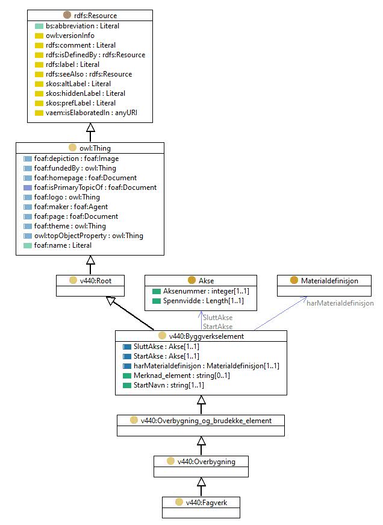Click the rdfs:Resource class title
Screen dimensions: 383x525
(x=95, y=16)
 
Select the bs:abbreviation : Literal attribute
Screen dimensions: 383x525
(x=83, y=26)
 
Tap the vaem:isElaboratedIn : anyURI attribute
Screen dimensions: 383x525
(x=92, y=113)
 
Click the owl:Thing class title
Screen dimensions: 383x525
(x=95, y=148)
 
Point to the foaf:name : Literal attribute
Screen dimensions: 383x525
(x=63, y=245)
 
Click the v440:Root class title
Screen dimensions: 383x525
(x=96, y=280)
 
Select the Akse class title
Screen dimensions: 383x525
(x=206, y=280)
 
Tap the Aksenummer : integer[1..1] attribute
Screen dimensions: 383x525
(x=206, y=291)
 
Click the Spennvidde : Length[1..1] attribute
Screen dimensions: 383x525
(x=204, y=301)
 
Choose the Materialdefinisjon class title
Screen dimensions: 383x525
(x=329, y=280)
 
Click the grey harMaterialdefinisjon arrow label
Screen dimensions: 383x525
(x=340, y=303)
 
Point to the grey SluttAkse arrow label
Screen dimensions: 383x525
(x=218, y=318)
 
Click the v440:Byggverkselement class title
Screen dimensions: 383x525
(x=207, y=336)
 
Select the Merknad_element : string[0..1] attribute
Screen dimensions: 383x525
(x=182, y=376)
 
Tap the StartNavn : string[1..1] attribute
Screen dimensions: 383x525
(x=169, y=385)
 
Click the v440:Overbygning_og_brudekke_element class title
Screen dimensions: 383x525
(x=206, y=421)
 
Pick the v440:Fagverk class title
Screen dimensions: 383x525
(x=207, y=502)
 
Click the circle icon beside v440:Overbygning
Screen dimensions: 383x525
(x=170, y=461)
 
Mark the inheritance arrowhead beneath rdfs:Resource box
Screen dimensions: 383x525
(x=90, y=127)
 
